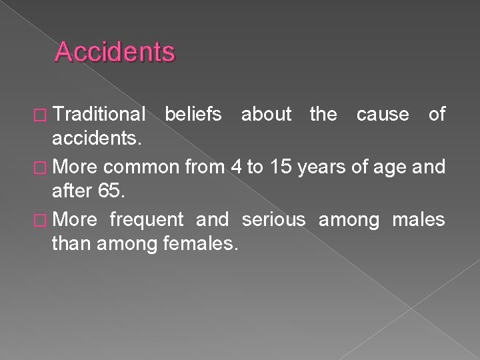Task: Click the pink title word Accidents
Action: (115, 52)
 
